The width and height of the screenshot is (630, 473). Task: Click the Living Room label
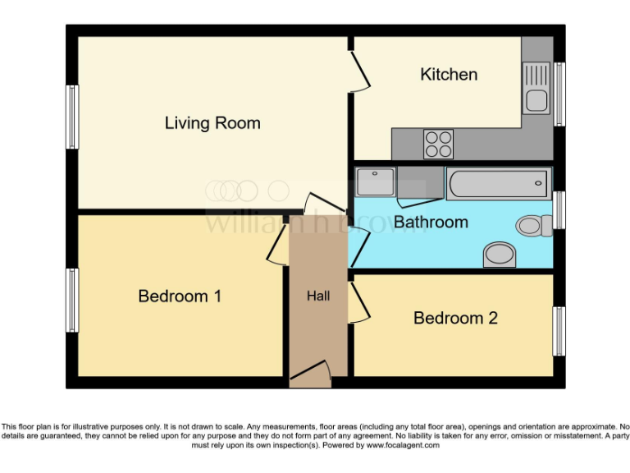tap(212, 123)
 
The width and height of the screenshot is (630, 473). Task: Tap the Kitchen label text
tap(449, 75)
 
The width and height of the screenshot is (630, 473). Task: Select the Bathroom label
tap(431, 222)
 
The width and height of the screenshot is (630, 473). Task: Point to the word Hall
tap(318, 296)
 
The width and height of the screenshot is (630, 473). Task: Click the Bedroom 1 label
tap(180, 296)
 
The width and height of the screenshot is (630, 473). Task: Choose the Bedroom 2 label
tap(455, 318)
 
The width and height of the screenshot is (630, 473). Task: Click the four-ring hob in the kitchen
tap(438, 145)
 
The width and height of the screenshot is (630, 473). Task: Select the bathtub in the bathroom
tap(498, 183)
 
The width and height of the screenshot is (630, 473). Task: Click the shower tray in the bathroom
tap(376, 181)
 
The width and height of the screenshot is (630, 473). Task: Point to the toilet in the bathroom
tap(533, 224)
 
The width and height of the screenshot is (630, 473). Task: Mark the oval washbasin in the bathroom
tap(499, 255)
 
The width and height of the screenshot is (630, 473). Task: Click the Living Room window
tap(72, 117)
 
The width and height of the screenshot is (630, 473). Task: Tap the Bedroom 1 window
tap(72, 300)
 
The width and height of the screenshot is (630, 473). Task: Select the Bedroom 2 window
tap(559, 330)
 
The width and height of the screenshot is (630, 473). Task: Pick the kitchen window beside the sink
tap(559, 94)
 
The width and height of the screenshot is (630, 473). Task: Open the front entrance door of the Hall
tap(311, 376)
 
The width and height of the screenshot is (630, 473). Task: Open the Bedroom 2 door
tap(358, 301)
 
